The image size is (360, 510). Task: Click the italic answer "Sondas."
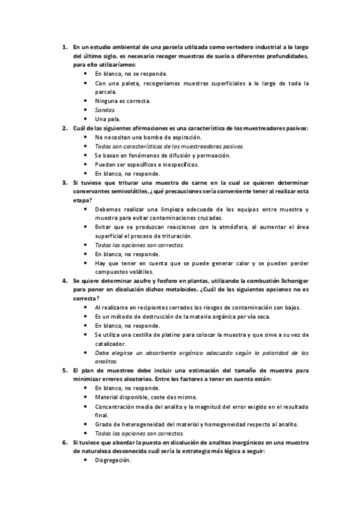coord(105,110)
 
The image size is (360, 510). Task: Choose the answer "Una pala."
coord(108,119)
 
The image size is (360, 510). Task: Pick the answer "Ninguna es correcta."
coord(123,101)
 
